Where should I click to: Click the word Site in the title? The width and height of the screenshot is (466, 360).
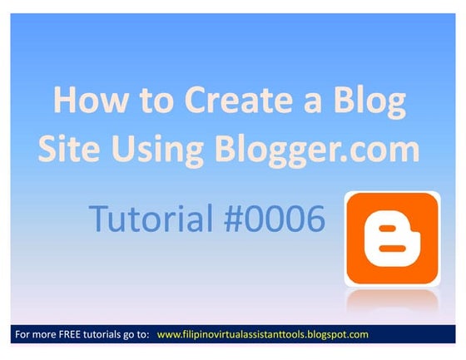[72, 149]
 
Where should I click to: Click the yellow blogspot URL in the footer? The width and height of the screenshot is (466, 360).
[262, 334]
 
